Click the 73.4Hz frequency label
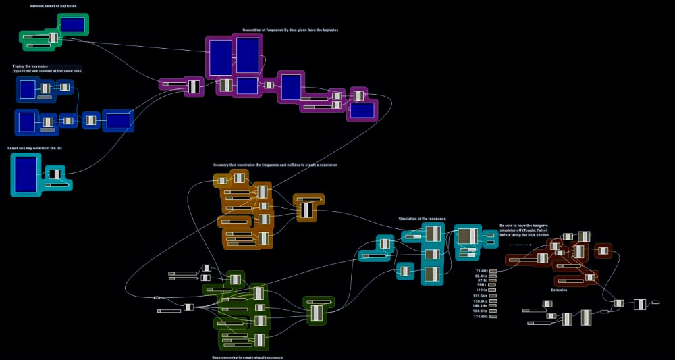tap(481, 271)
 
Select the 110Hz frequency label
tap(481, 290)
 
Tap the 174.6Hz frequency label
tap(480, 316)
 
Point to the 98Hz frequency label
tap(482, 284)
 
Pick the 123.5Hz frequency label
tap(480, 296)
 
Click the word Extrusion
tap(559, 290)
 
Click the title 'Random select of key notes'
tap(47, 6)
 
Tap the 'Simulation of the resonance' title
tap(422, 219)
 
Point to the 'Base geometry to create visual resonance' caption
tap(247, 357)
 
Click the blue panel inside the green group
tap(73, 25)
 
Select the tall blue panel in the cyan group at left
tap(26, 174)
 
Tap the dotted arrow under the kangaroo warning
tap(520, 244)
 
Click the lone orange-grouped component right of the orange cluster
tap(308, 209)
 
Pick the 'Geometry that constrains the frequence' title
tap(275, 165)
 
